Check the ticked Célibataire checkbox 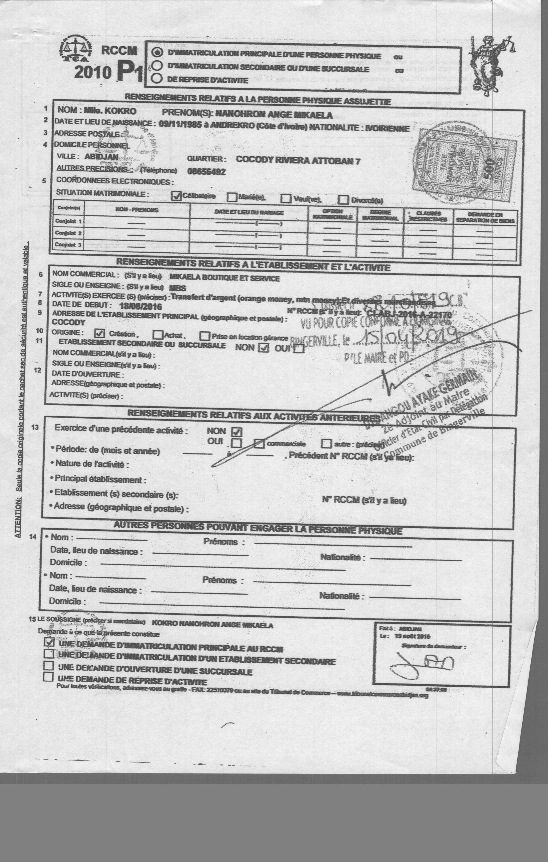click(176, 196)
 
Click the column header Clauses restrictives click(428, 216)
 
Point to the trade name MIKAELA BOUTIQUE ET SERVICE click(224, 278)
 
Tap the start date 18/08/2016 click(140, 306)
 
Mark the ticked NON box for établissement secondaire click(264, 347)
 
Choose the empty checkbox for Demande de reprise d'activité click(48, 677)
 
